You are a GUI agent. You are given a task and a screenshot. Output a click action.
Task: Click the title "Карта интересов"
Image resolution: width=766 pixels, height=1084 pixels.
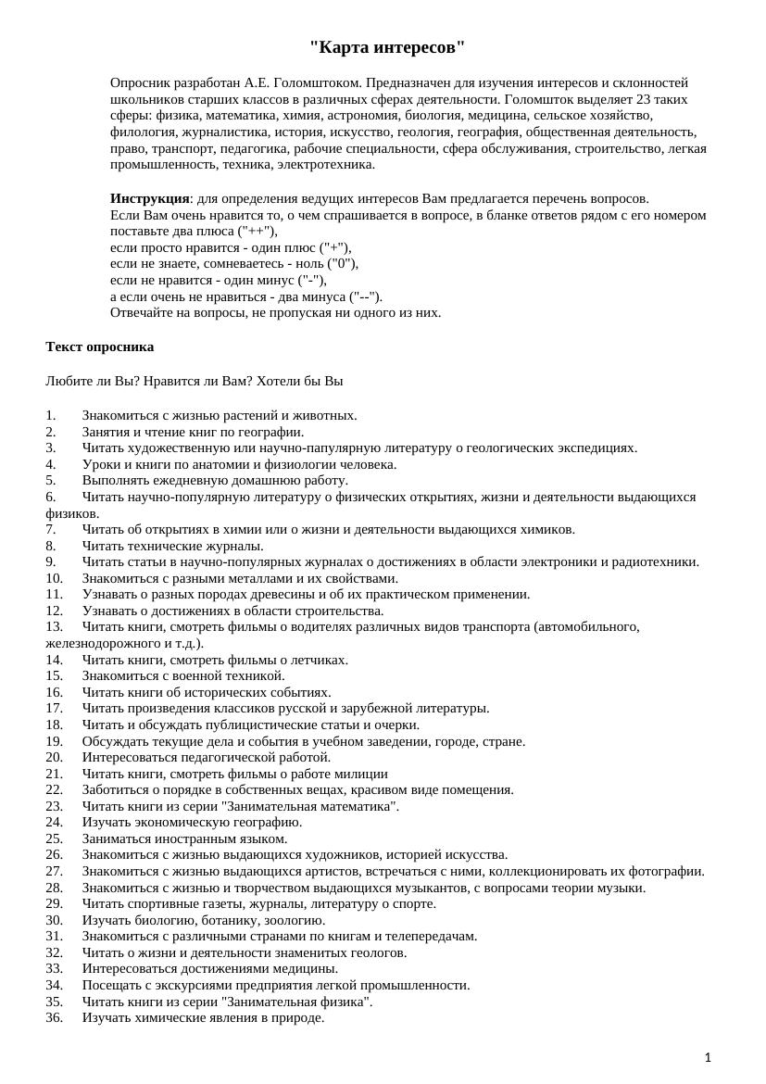(x=387, y=47)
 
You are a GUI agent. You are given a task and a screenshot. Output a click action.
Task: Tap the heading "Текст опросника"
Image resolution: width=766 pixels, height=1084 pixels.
(x=100, y=347)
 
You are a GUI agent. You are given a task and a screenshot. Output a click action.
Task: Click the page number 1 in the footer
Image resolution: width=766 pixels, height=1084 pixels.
(x=708, y=1057)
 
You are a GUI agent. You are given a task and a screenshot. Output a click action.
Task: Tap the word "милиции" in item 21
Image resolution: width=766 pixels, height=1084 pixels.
(x=365, y=774)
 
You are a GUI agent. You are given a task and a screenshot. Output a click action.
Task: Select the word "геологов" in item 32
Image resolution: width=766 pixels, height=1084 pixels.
(x=380, y=952)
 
